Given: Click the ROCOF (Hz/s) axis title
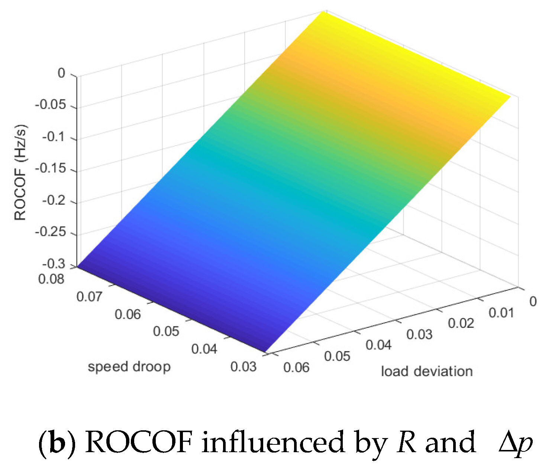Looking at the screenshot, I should tap(20, 172).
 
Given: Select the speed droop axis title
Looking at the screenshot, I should tap(129, 367).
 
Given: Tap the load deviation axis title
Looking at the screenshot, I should tap(427, 371).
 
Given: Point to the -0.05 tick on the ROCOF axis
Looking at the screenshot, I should tap(51, 105).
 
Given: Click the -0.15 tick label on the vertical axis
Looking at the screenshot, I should tap(51, 169).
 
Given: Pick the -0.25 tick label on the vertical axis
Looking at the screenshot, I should tap(51, 232).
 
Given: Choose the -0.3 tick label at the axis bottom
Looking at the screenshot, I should tap(54, 264).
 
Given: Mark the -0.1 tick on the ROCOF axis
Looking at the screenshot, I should tap(54, 137).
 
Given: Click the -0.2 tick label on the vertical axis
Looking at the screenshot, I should tap(54, 200).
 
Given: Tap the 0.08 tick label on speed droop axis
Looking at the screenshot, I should tap(51, 279).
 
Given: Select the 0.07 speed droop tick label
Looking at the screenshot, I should tap(89, 297).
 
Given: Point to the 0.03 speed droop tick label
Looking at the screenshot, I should tap(244, 366).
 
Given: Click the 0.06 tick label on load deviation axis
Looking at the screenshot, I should tap(296, 367).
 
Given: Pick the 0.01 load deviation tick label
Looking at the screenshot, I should tap(502, 313).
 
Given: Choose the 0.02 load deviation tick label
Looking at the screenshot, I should tap(461, 323).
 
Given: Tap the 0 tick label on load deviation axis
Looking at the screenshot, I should tap(533, 301).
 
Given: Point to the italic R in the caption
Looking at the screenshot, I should tap(406, 443).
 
